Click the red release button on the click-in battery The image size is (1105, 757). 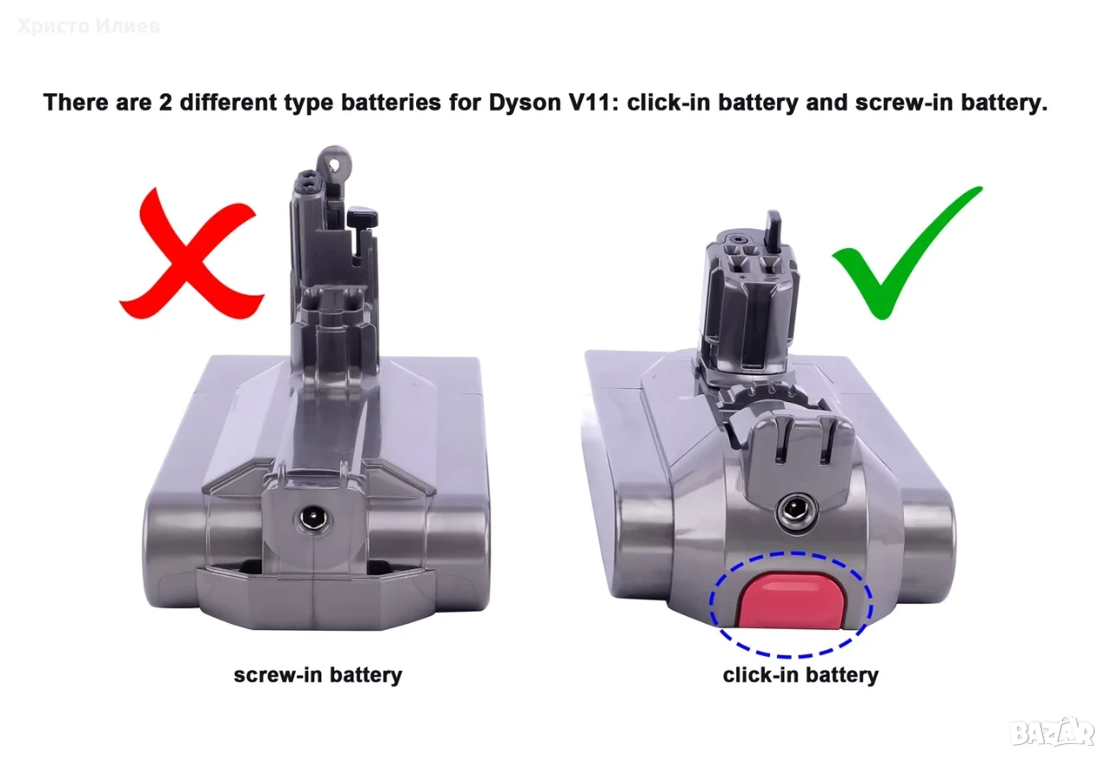(790, 602)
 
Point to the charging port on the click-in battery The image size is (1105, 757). (796, 514)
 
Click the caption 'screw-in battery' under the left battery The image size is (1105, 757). (318, 675)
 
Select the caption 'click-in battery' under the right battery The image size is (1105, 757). (800, 675)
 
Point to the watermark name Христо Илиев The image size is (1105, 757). (89, 26)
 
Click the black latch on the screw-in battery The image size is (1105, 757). (362, 219)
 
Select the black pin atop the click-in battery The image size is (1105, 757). (773, 230)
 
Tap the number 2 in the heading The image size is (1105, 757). (165, 102)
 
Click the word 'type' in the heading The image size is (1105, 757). (308, 104)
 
